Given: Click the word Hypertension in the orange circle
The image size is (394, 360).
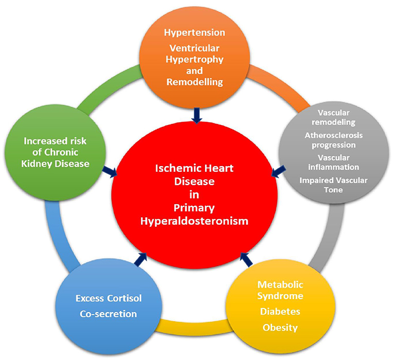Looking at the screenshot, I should click(195, 32).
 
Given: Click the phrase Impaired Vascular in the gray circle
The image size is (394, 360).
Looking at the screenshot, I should click(329, 180).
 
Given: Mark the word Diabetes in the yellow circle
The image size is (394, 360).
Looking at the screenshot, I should click(280, 312).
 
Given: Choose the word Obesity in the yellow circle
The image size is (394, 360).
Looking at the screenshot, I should click(280, 328).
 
